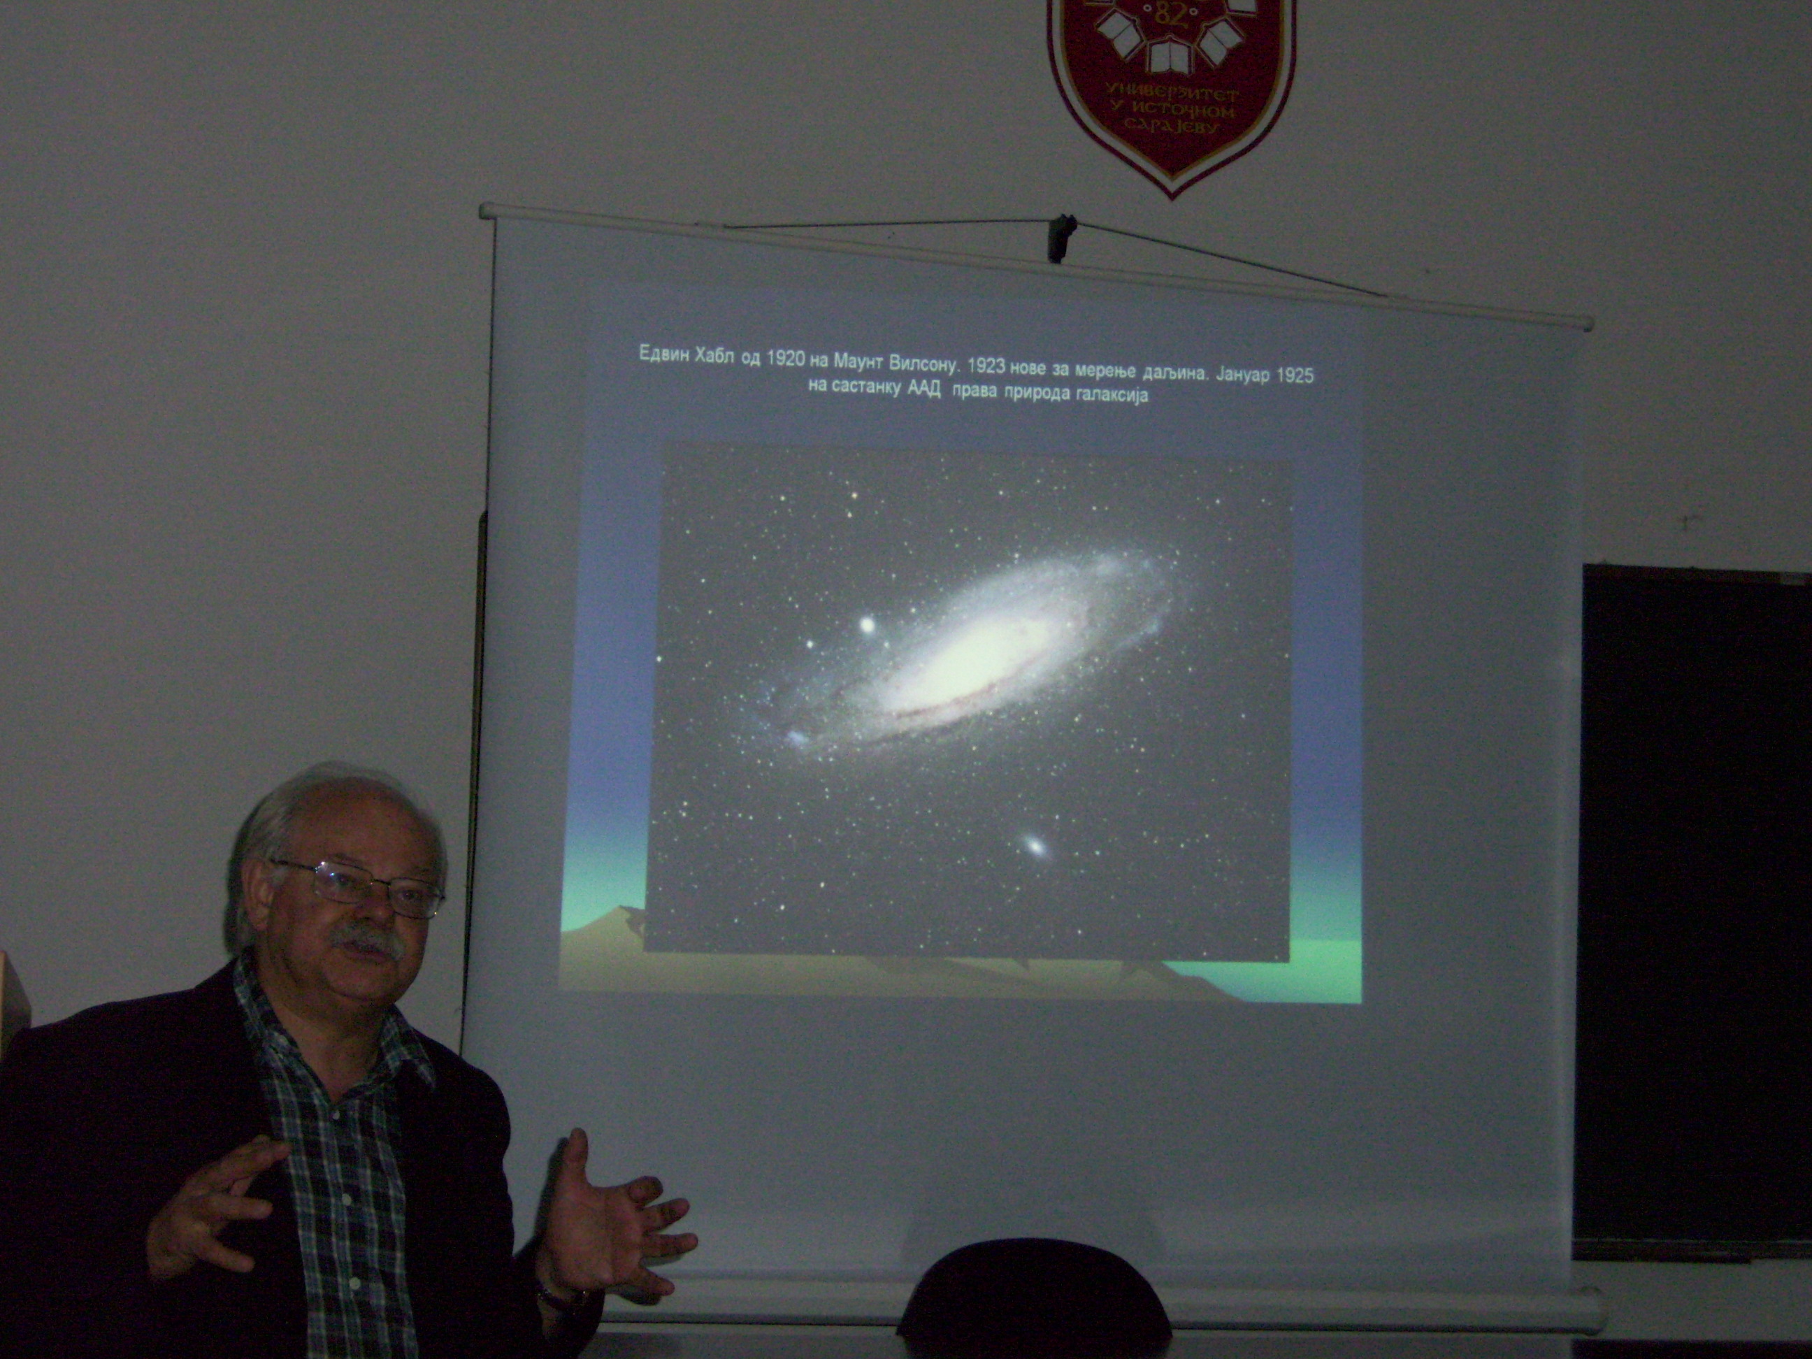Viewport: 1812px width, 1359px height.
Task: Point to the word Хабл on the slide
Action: [717, 357]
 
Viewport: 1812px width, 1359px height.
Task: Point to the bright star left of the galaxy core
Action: [866, 625]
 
